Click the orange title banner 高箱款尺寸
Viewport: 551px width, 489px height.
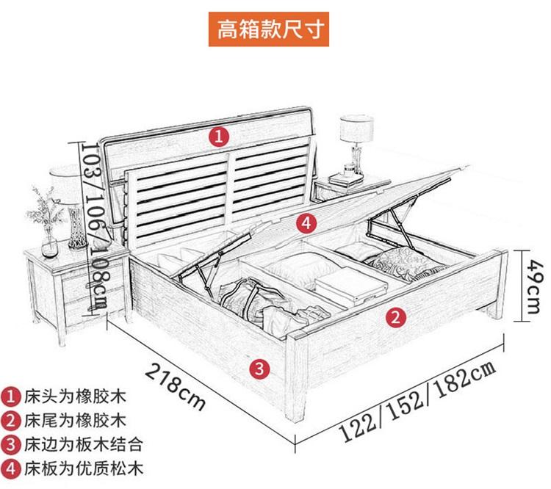pyautogui.click(x=268, y=29)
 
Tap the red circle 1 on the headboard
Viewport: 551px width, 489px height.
pyautogui.click(x=219, y=137)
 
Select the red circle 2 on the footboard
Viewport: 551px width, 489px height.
pyautogui.click(x=396, y=318)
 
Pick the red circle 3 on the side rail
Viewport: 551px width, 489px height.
pyautogui.click(x=259, y=369)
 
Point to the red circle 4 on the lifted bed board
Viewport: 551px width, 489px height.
pyautogui.click(x=306, y=223)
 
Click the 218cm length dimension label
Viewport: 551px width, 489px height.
pyautogui.click(x=175, y=387)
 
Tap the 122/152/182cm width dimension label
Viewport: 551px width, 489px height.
pyautogui.click(x=418, y=401)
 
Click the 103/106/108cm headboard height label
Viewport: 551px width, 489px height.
pyautogui.click(x=94, y=225)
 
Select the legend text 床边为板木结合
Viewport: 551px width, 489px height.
pyautogui.click(x=83, y=444)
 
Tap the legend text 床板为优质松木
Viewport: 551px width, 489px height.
pyautogui.click(x=83, y=468)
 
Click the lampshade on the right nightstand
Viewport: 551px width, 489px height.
pyautogui.click(x=356, y=129)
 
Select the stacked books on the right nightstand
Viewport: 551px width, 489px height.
pyautogui.click(x=345, y=179)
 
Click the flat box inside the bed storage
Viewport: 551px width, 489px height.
pyautogui.click(x=350, y=286)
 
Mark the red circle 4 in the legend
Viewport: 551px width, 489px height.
pyautogui.click(x=10, y=468)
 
